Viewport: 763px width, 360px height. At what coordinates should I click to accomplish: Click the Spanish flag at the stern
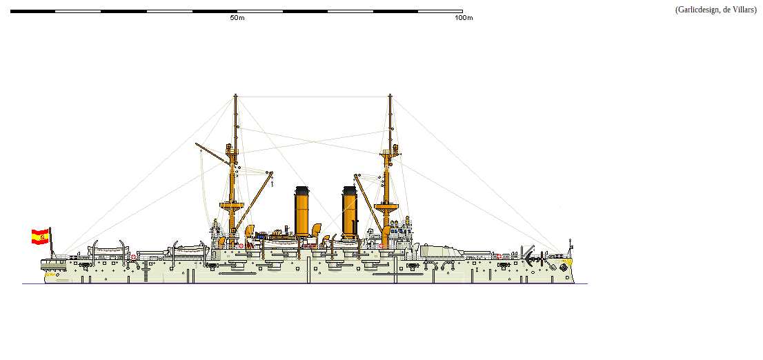coord(39,237)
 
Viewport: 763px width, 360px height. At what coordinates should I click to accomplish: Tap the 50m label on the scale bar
coord(237,18)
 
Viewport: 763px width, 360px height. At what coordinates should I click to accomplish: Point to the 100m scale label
coord(464,18)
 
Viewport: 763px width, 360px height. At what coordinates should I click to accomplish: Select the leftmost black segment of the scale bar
coord(32,11)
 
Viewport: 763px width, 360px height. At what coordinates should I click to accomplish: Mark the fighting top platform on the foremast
coord(386,205)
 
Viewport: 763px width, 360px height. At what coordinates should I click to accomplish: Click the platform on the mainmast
coord(232,205)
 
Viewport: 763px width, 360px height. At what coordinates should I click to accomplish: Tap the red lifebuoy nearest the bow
coord(499,256)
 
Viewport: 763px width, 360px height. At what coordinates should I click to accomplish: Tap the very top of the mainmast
coord(235,97)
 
